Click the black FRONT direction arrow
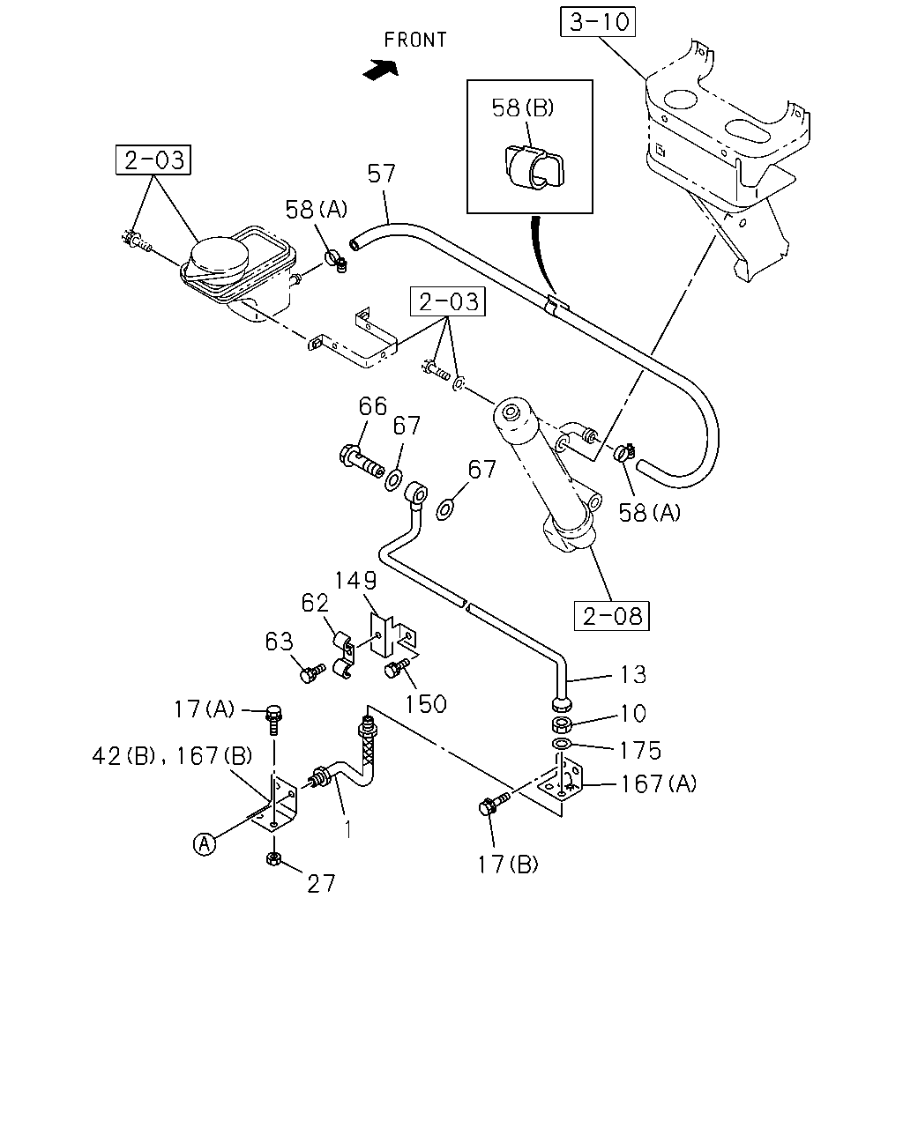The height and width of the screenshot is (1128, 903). (x=381, y=70)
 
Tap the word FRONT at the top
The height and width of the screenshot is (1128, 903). (x=415, y=40)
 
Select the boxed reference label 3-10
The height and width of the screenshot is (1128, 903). (x=598, y=22)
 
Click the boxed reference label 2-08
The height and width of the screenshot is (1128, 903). (x=612, y=616)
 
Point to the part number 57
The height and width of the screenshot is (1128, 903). (x=382, y=174)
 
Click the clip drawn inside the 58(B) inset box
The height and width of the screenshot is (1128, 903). (x=534, y=167)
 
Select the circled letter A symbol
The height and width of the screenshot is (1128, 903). (x=204, y=844)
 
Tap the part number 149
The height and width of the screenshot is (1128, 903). (x=355, y=581)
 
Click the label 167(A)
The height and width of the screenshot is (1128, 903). (x=659, y=784)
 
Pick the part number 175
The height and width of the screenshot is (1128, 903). (x=640, y=751)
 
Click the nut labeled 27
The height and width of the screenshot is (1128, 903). (x=274, y=858)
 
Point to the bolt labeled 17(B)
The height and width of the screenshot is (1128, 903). (x=494, y=804)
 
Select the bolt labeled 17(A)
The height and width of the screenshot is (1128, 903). (x=274, y=720)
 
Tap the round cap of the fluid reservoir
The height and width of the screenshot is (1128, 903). (x=220, y=256)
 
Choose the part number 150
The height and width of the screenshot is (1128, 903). (x=426, y=704)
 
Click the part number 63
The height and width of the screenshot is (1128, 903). (x=279, y=642)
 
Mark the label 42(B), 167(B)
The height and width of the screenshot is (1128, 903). (x=172, y=756)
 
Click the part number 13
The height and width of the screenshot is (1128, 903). (x=633, y=675)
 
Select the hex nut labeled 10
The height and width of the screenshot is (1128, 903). (x=562, y=724)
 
